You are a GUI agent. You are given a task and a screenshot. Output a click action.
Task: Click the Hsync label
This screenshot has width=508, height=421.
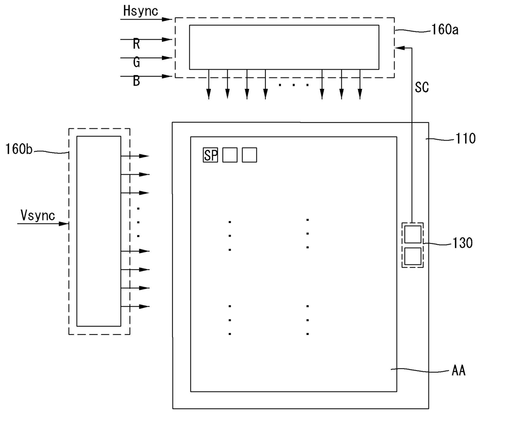tap(141, 11)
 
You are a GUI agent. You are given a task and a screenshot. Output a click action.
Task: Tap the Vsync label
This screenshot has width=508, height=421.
tap(38, 215)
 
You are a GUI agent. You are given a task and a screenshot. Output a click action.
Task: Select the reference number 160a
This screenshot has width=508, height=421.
tap(445, 30)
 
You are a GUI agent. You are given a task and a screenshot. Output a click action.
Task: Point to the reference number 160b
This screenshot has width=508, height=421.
tap(19, 149)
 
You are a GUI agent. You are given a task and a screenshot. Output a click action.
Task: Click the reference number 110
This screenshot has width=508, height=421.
tap(465, 139)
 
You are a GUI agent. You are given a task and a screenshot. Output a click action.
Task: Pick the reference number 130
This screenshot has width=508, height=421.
tap(463, 243)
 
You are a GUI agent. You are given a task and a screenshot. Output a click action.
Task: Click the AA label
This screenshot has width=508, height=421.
tap(458, 371)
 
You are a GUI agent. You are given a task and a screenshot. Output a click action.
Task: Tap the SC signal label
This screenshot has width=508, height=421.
tap(422, 87)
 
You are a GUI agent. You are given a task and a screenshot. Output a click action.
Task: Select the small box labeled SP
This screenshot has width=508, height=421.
tap(211, 155)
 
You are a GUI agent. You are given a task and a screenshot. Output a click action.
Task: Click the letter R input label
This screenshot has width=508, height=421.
tap(136, 44)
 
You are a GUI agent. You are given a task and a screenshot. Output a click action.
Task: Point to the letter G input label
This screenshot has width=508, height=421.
tap(136, 62)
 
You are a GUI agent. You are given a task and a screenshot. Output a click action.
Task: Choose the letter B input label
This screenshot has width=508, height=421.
tap(136, 81)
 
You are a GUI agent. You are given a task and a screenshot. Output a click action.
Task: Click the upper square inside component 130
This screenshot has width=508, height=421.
tap(413, 234)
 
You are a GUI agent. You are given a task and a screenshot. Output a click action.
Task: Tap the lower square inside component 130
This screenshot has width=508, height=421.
tap(413, 256)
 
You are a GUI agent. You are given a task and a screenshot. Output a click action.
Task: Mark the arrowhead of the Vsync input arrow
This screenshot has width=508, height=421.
tap(64, 224)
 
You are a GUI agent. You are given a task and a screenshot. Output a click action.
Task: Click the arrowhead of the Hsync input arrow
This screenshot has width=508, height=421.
tap(167, 19)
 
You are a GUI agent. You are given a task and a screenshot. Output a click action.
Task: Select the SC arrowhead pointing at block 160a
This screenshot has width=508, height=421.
tap(400, 48)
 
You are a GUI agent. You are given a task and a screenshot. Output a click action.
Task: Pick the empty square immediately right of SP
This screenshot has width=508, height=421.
tap(230, 155)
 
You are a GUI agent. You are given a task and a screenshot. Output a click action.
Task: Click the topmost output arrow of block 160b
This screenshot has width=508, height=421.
tap(135, 156)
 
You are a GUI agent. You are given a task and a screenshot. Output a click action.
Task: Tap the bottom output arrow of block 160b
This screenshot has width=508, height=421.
tap(135, 307)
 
